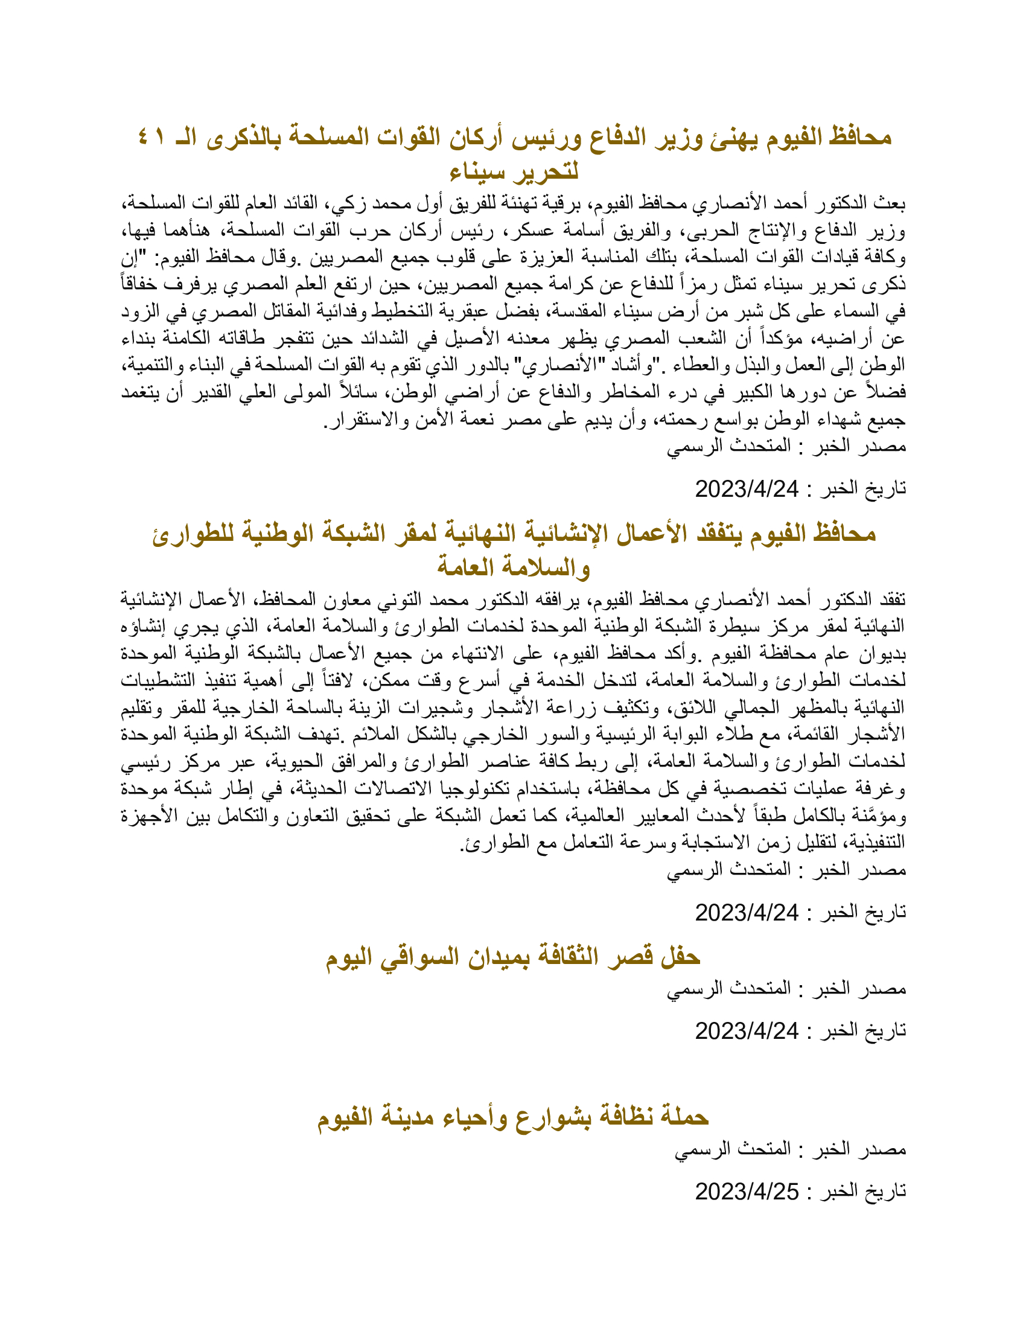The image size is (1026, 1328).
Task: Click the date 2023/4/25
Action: point(747,1191)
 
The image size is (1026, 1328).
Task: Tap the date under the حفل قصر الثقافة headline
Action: point(747,1030)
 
